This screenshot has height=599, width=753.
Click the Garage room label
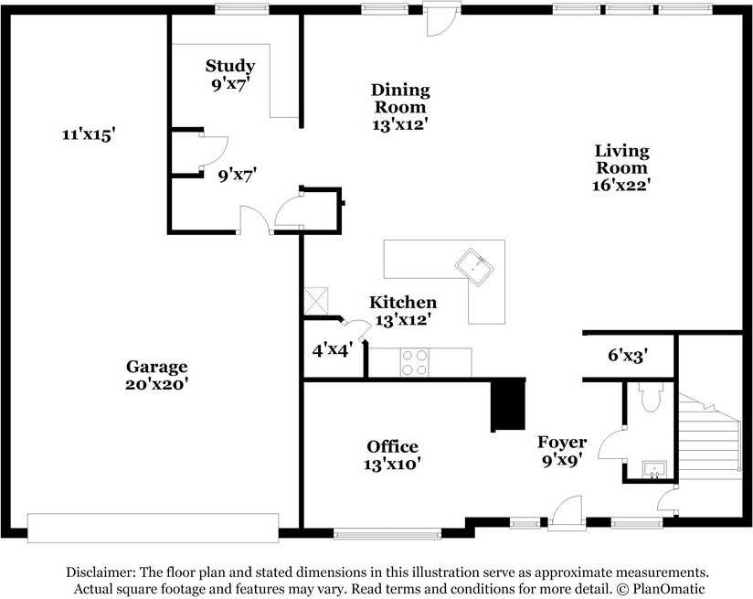(156, 367)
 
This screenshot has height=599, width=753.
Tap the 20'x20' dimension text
(156, 384)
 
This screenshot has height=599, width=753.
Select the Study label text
(229, 66)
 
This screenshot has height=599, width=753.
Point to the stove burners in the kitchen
(414, 362)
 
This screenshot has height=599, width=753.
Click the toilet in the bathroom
(651, 399)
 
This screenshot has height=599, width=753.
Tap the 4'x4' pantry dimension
(332, 348)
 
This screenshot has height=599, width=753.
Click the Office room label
(392, 447)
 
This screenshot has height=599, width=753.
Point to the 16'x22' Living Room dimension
(621, 185)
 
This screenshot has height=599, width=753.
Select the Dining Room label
(400, 98)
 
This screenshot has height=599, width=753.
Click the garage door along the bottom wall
(153, 527)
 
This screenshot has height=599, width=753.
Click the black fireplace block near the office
(508, 404)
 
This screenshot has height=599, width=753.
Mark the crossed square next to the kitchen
(316, 301)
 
